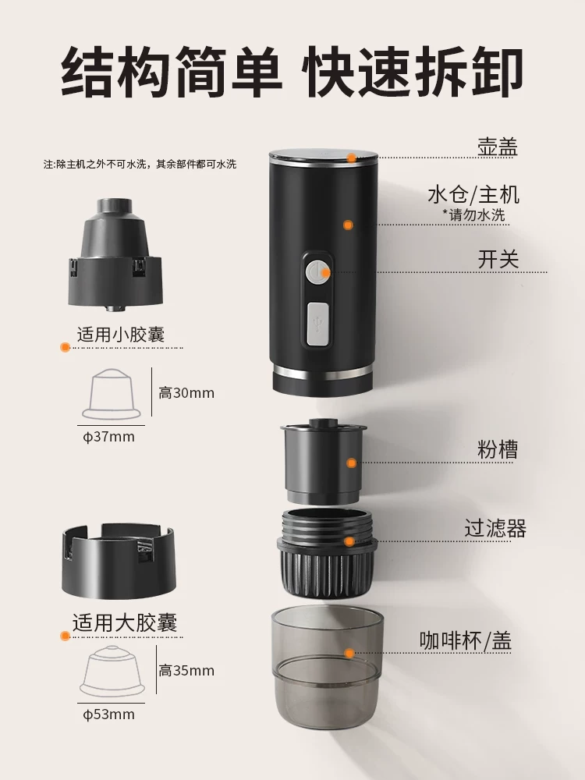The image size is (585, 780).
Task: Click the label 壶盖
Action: tap(498, 147)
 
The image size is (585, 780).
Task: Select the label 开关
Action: tap(498, 260)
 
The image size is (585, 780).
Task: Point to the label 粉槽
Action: tap(498, 450)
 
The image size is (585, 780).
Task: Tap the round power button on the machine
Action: tap(317, 273)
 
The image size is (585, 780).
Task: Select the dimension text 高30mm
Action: tap(186, 393)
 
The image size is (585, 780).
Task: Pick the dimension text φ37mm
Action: tap(109, 437)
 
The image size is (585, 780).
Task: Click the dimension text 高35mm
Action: tap(186, 670)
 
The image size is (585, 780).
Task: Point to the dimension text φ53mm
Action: tap(109, 714)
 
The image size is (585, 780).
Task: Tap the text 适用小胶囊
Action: tap(121, 335)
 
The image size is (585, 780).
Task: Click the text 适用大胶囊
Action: tap(125, 622)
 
